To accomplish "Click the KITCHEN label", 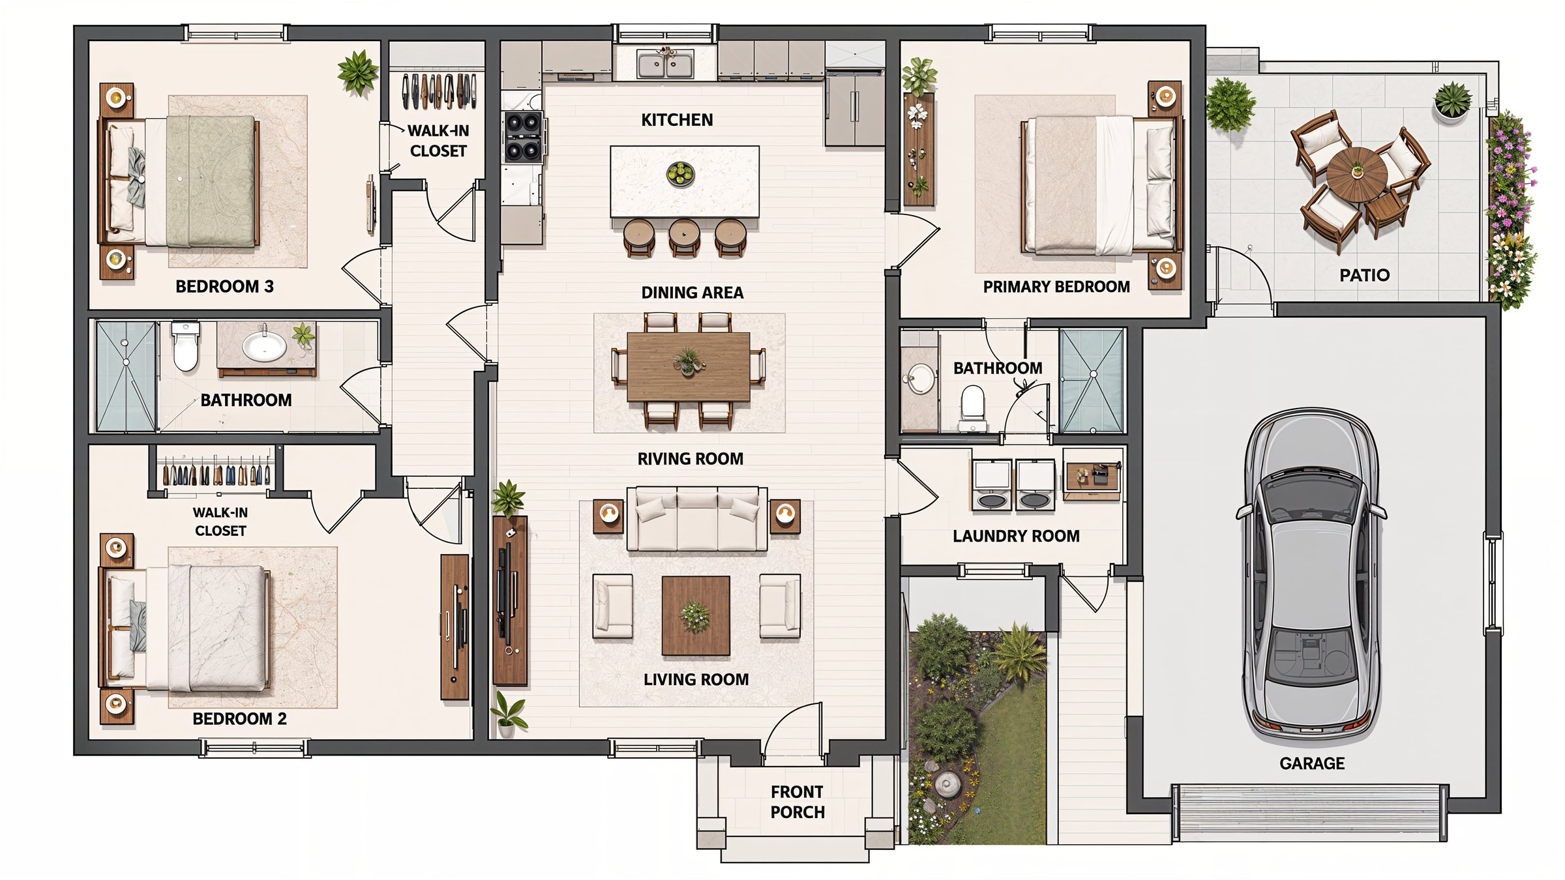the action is coord(677,120).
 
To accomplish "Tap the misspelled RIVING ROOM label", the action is coord(691,459).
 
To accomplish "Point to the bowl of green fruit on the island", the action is coord(680,174).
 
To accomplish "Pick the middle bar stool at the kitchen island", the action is coord(684,237).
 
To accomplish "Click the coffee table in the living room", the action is coord(696,615).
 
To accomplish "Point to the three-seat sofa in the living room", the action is coord(697,519).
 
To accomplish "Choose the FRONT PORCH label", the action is coord(797,802).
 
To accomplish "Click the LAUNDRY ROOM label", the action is coord(1016,536).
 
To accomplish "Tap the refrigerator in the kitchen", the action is coord(854,110).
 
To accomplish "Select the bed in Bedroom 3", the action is coord(179,181).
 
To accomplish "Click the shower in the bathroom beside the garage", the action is coord(1092,381).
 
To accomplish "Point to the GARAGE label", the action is coord(1312,763).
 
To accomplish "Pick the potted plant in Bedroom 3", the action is coord(357,72).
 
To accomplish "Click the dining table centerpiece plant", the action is coord(689,361).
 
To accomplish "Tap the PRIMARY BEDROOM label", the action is coord(1056,287).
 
